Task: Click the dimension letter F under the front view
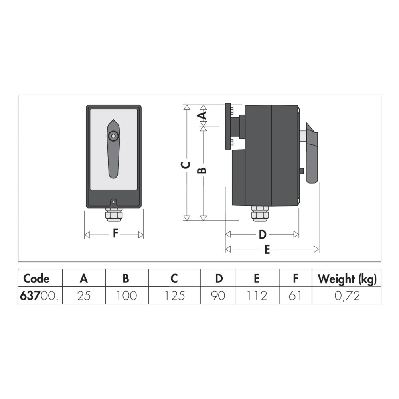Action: click(x=116, y=233)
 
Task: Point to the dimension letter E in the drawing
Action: click(x=267, y=250)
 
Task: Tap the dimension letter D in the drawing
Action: click(x=263, y=235)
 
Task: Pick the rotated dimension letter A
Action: click(x=202, y=115)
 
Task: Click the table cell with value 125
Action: click(x=175, y=296)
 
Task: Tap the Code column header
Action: click(x=36, y=279)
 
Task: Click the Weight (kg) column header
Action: click(x=347, y=279)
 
